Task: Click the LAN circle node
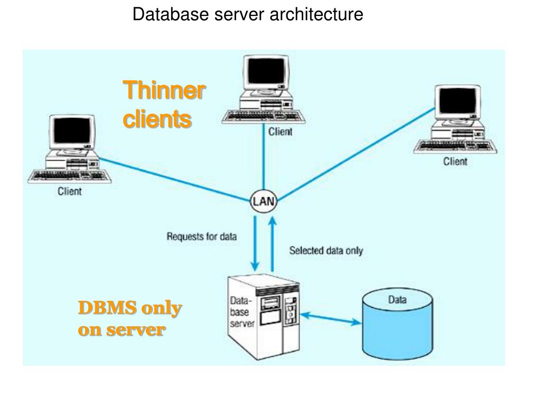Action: (x=264, y=201)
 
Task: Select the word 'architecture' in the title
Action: (x=316, y=14)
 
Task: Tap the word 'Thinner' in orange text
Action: (x=164, y=90)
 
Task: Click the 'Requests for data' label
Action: (x=202, y=236)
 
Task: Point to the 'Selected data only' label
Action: (x=326, y=251)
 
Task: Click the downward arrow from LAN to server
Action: (x=255, y=243)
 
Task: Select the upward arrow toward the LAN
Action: (x=272, y=244)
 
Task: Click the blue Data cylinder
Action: (x=397, y=324)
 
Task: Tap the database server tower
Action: (x=264, y=317)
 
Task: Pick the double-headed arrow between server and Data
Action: (x=331, y=318)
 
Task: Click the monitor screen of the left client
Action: (x=72, y=130)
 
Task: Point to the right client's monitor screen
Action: (x=458, y=100)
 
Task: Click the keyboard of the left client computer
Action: (x=70, y=176)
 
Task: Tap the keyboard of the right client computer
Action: (x=455, y=146)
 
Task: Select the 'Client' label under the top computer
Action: (x=280, y=132)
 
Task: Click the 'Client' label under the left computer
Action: (x=70, y=191)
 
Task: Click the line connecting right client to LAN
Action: (x=356, y=154)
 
